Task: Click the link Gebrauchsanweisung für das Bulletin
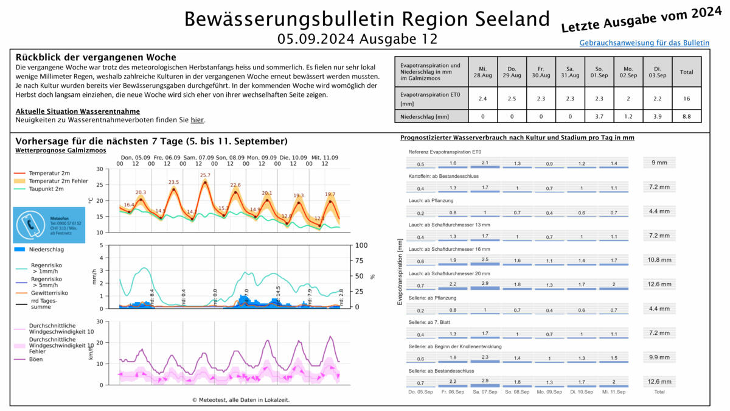click(644, 43)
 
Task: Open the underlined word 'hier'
click(197, 121)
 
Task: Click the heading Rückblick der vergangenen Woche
click(96, 57)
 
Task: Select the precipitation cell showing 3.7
click(599, 116)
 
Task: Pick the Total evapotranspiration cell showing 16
click(686, 98)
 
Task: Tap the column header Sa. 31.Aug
click(570, 72)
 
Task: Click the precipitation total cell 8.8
click(686, 116)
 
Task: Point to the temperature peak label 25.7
click(205, 175)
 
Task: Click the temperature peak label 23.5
click(174, 182)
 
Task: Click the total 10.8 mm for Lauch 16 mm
click(659, 260)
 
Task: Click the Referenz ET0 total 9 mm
click(659, 163)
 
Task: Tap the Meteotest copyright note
click(240, 400)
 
